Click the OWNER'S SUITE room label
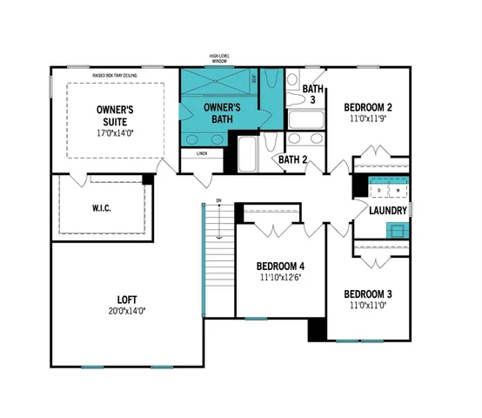pyautogui.click(x=113, y=116)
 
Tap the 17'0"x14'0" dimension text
pyautogui.click(x=114, y=134)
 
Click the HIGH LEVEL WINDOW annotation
pyautogui.click(x=218, y=58)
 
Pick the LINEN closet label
pyautogui.click(x=202, y=153)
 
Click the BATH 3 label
pyautogui.click(x=312, y=94)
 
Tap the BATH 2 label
pyautogui.click(x=293, y=159)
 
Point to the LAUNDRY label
pyautogui.click(x=387, y=211)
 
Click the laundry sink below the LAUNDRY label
pyautogui.click(x=397, y=230)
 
